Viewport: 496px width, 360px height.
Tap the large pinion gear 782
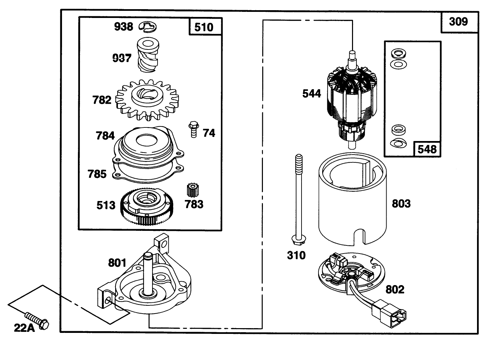pyautogui.click(x=147, y=100)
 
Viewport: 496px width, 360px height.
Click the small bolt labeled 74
pyautogui.click(x=193, y=129)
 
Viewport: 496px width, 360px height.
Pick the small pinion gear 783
pyautogui.click(x=192, y=191)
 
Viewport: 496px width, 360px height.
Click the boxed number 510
pyautogui.click(x=204, y=27)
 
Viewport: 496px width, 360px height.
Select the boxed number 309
pyautogui.click(x=458, y=22)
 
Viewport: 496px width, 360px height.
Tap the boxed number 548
pyautogui.click(x=427, y=149)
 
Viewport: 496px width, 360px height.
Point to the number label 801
pyautogui.click(x=117, y=263)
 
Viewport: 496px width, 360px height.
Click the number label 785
pyautogui.click(x=97, y=174)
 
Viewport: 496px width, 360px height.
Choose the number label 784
pyautogui.click(x=105, y=136)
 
